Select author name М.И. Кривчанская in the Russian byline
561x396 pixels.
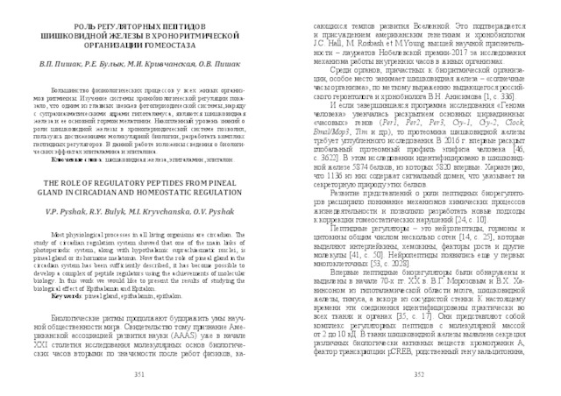pyautogui.click(x=171, y=65)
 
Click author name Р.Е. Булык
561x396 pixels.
pyautogui.click(x=109, y=65)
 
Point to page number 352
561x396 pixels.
pyautogui.click(x=417, y=371)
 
